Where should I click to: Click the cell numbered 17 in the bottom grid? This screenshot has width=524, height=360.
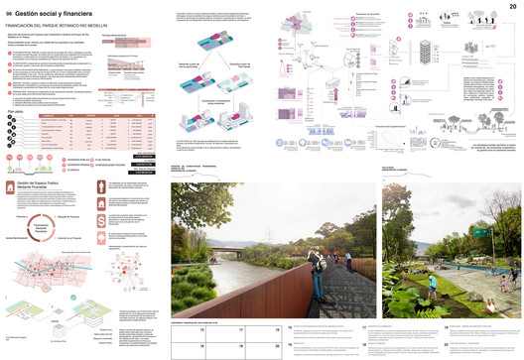point(239,329)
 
